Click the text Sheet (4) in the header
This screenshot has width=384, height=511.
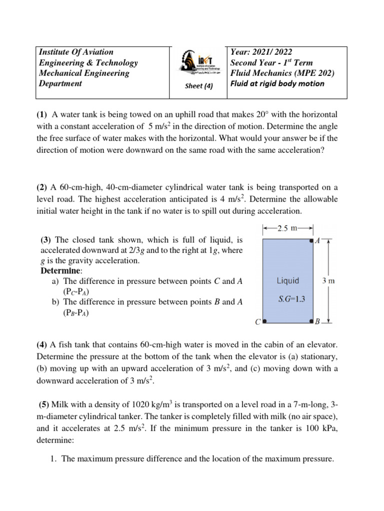click(199, 85)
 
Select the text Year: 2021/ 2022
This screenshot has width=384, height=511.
click(261, 52)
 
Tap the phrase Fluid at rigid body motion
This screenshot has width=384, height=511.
click(277, 83)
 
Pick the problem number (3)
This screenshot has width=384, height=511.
click(47, 240)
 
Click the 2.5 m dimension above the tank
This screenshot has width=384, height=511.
click(287, 229)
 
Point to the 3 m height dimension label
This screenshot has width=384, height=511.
click(328, 280)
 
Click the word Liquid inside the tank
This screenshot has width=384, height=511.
click(287, 280)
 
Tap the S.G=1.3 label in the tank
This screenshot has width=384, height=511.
click(287, 299)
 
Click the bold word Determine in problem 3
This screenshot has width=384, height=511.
click(60, 271)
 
